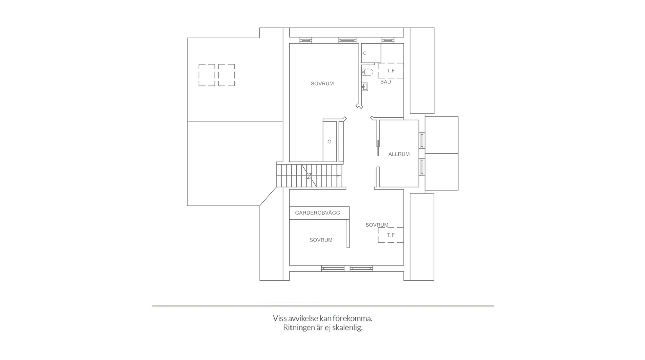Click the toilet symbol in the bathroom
[x=367, y=72]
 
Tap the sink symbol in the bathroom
[x=365, y=87]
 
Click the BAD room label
[x=385, y=82]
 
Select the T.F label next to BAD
[x=391, y=71]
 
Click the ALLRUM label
[x=399, y=154]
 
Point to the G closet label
[x=329, y=142]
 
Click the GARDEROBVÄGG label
[x=317, y=213]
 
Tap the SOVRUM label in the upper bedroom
[x=322, y=84]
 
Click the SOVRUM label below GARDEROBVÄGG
[x=321, y=240]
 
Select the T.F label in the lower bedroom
[x=391, y=235]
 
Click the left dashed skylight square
[x=206, y=75]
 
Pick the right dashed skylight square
[x=226, y=75]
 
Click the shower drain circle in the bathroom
[x=364, y=53]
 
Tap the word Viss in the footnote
[x=279, y=319]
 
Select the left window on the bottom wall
[x=333, y=269]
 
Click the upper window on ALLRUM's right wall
[x=422, y=140]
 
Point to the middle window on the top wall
[x=347, y=40]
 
